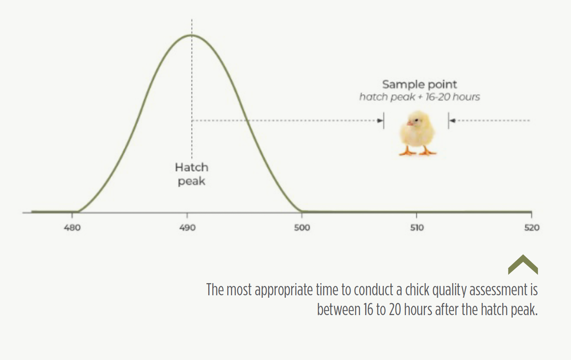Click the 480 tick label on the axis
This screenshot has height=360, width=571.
72,227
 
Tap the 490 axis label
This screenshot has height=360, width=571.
187,227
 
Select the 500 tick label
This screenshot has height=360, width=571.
302,227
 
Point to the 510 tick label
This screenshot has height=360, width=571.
417,227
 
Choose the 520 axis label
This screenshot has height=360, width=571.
532,227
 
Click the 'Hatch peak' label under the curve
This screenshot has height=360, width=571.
192,174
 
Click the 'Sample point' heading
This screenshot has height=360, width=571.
419,85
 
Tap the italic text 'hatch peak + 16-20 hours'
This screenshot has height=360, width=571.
420,97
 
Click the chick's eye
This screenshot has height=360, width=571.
416,120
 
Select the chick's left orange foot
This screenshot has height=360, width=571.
408,152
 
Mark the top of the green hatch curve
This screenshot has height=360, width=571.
192,35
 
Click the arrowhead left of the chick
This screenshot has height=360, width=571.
380,121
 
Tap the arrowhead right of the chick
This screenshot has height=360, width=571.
452,121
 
